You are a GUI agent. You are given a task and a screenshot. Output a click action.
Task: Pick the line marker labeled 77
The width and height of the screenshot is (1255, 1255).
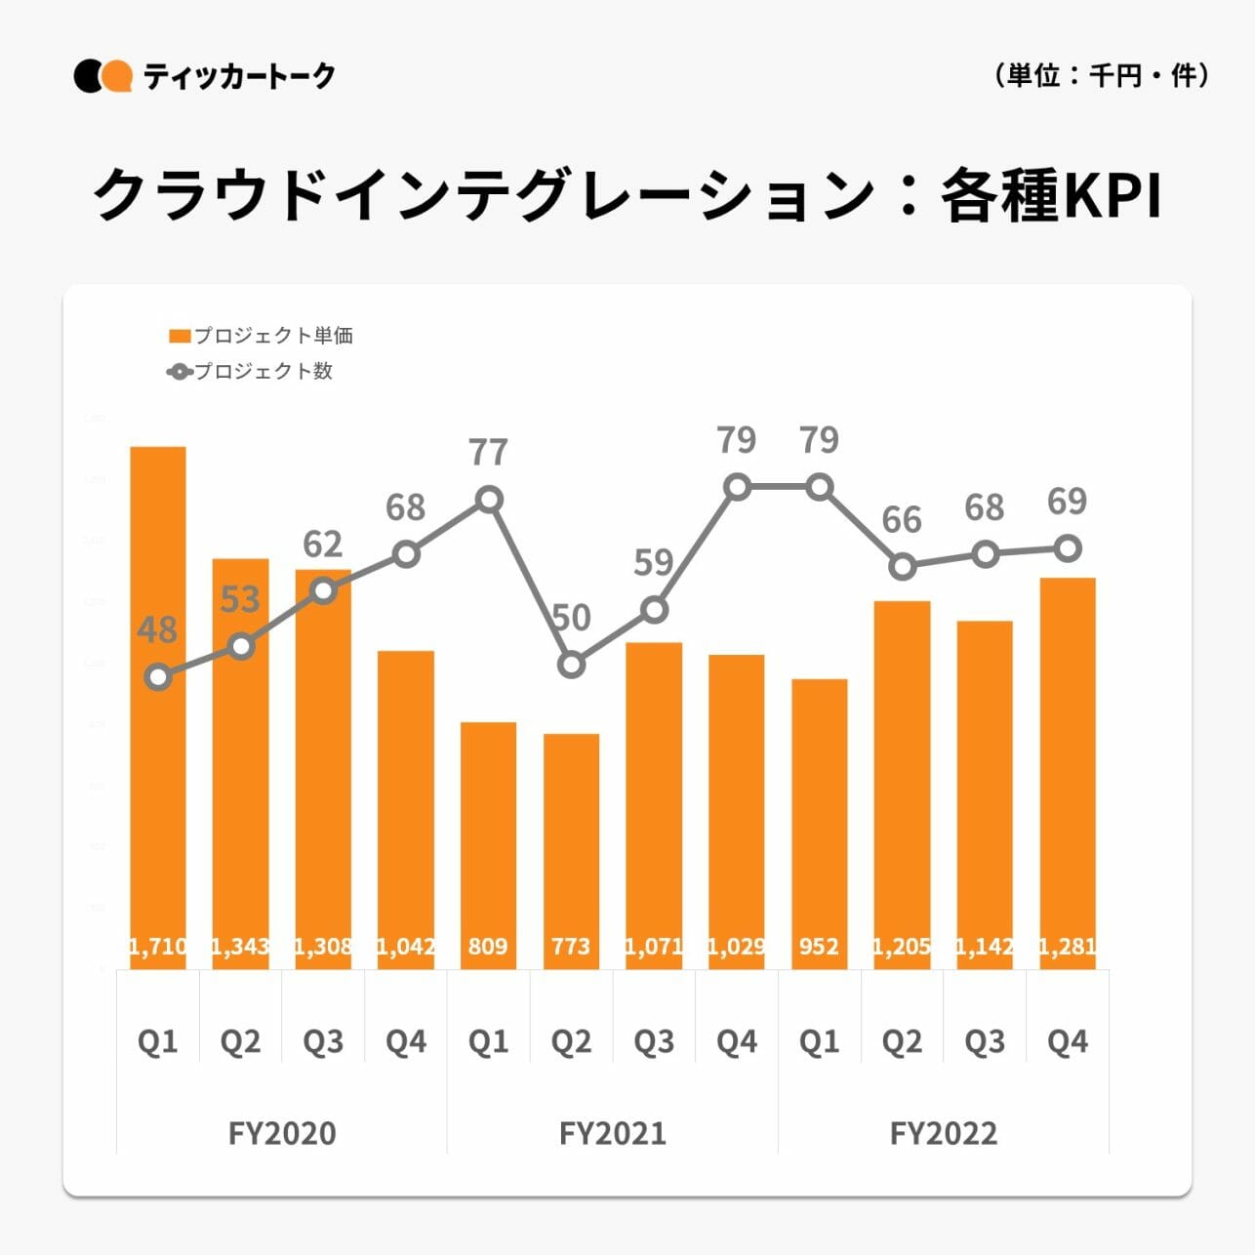[x=489, y=501]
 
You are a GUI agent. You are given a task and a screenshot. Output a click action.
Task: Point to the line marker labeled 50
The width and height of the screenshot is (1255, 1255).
[x=572, y=665]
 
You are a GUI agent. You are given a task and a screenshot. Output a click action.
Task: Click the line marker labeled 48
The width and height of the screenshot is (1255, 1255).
[x=158, y=676]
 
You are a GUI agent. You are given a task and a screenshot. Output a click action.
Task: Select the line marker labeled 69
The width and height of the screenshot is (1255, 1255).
[x=1069, y=548]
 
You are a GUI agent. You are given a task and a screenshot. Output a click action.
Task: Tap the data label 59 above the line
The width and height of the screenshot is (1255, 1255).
[x=654, y=563]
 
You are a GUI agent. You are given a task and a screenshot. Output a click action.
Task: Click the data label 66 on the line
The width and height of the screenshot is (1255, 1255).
[x=902, y=520]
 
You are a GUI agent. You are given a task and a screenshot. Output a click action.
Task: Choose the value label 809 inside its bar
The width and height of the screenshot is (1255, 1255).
[x=488, y=946]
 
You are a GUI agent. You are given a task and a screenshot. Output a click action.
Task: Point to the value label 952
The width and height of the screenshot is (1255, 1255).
[x=819, y=946]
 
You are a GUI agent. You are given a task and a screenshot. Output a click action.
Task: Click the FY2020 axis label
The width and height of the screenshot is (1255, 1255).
[x=282, y=1133]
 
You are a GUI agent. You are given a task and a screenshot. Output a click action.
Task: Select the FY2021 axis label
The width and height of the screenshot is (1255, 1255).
[x=613, y=1133]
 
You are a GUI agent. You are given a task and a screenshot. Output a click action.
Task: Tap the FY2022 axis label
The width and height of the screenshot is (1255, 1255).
[x=944, y=1133]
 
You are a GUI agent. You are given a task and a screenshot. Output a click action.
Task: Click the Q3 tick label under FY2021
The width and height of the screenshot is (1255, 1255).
[x=654, y=1042]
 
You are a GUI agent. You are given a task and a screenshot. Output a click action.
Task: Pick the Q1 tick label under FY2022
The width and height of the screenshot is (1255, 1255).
[x=819, y=1042]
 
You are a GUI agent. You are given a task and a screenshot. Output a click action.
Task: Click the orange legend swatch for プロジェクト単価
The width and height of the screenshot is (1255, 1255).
[x=180, y=337]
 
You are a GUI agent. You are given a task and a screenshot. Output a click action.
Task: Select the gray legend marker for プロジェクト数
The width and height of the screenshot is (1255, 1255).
[x=180, y=372]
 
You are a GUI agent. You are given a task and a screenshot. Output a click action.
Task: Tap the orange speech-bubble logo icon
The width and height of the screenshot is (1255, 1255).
[x=118, y=76]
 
